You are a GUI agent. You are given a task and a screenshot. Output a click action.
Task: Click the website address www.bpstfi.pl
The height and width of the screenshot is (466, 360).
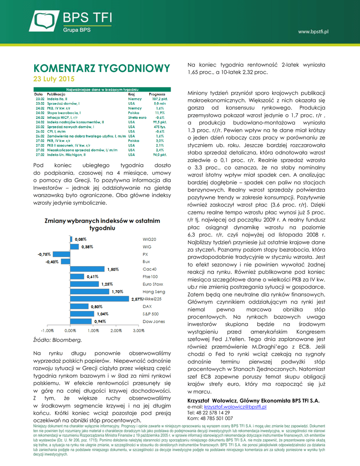(x=313, y=31)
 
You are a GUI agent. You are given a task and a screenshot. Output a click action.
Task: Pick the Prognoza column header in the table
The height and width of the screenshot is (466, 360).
(x=157, y=94)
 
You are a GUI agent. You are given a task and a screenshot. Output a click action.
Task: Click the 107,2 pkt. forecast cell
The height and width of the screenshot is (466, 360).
(x=159, y=98)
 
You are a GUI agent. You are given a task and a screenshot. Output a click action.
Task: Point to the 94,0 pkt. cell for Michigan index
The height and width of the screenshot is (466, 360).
(x=160, y=155)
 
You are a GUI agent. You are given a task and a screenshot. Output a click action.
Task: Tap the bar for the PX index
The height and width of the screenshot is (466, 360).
(x=61, y=254)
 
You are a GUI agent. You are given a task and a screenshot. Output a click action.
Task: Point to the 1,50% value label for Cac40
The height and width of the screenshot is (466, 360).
(x=112, y=269)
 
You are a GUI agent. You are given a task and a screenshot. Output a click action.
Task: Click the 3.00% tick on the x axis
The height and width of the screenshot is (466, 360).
(x=138, y=331)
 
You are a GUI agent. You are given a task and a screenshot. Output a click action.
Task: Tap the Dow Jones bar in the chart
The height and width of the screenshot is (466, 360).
(x=81, y=322)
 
